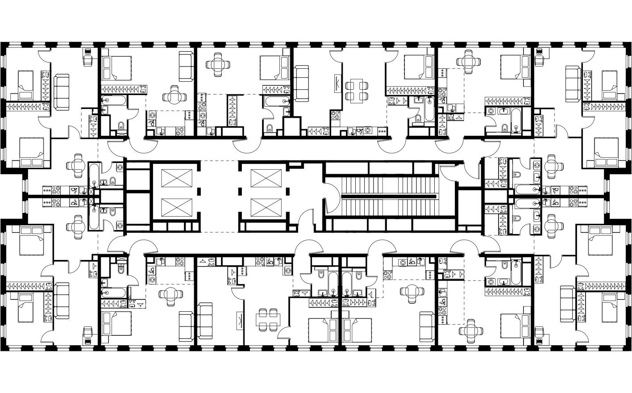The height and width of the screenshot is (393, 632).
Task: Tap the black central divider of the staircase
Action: coord(388,196)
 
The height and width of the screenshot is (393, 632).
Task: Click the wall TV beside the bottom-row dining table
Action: coord(240,321)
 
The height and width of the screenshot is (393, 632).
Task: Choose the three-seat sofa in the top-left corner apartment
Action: coord(62,92)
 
